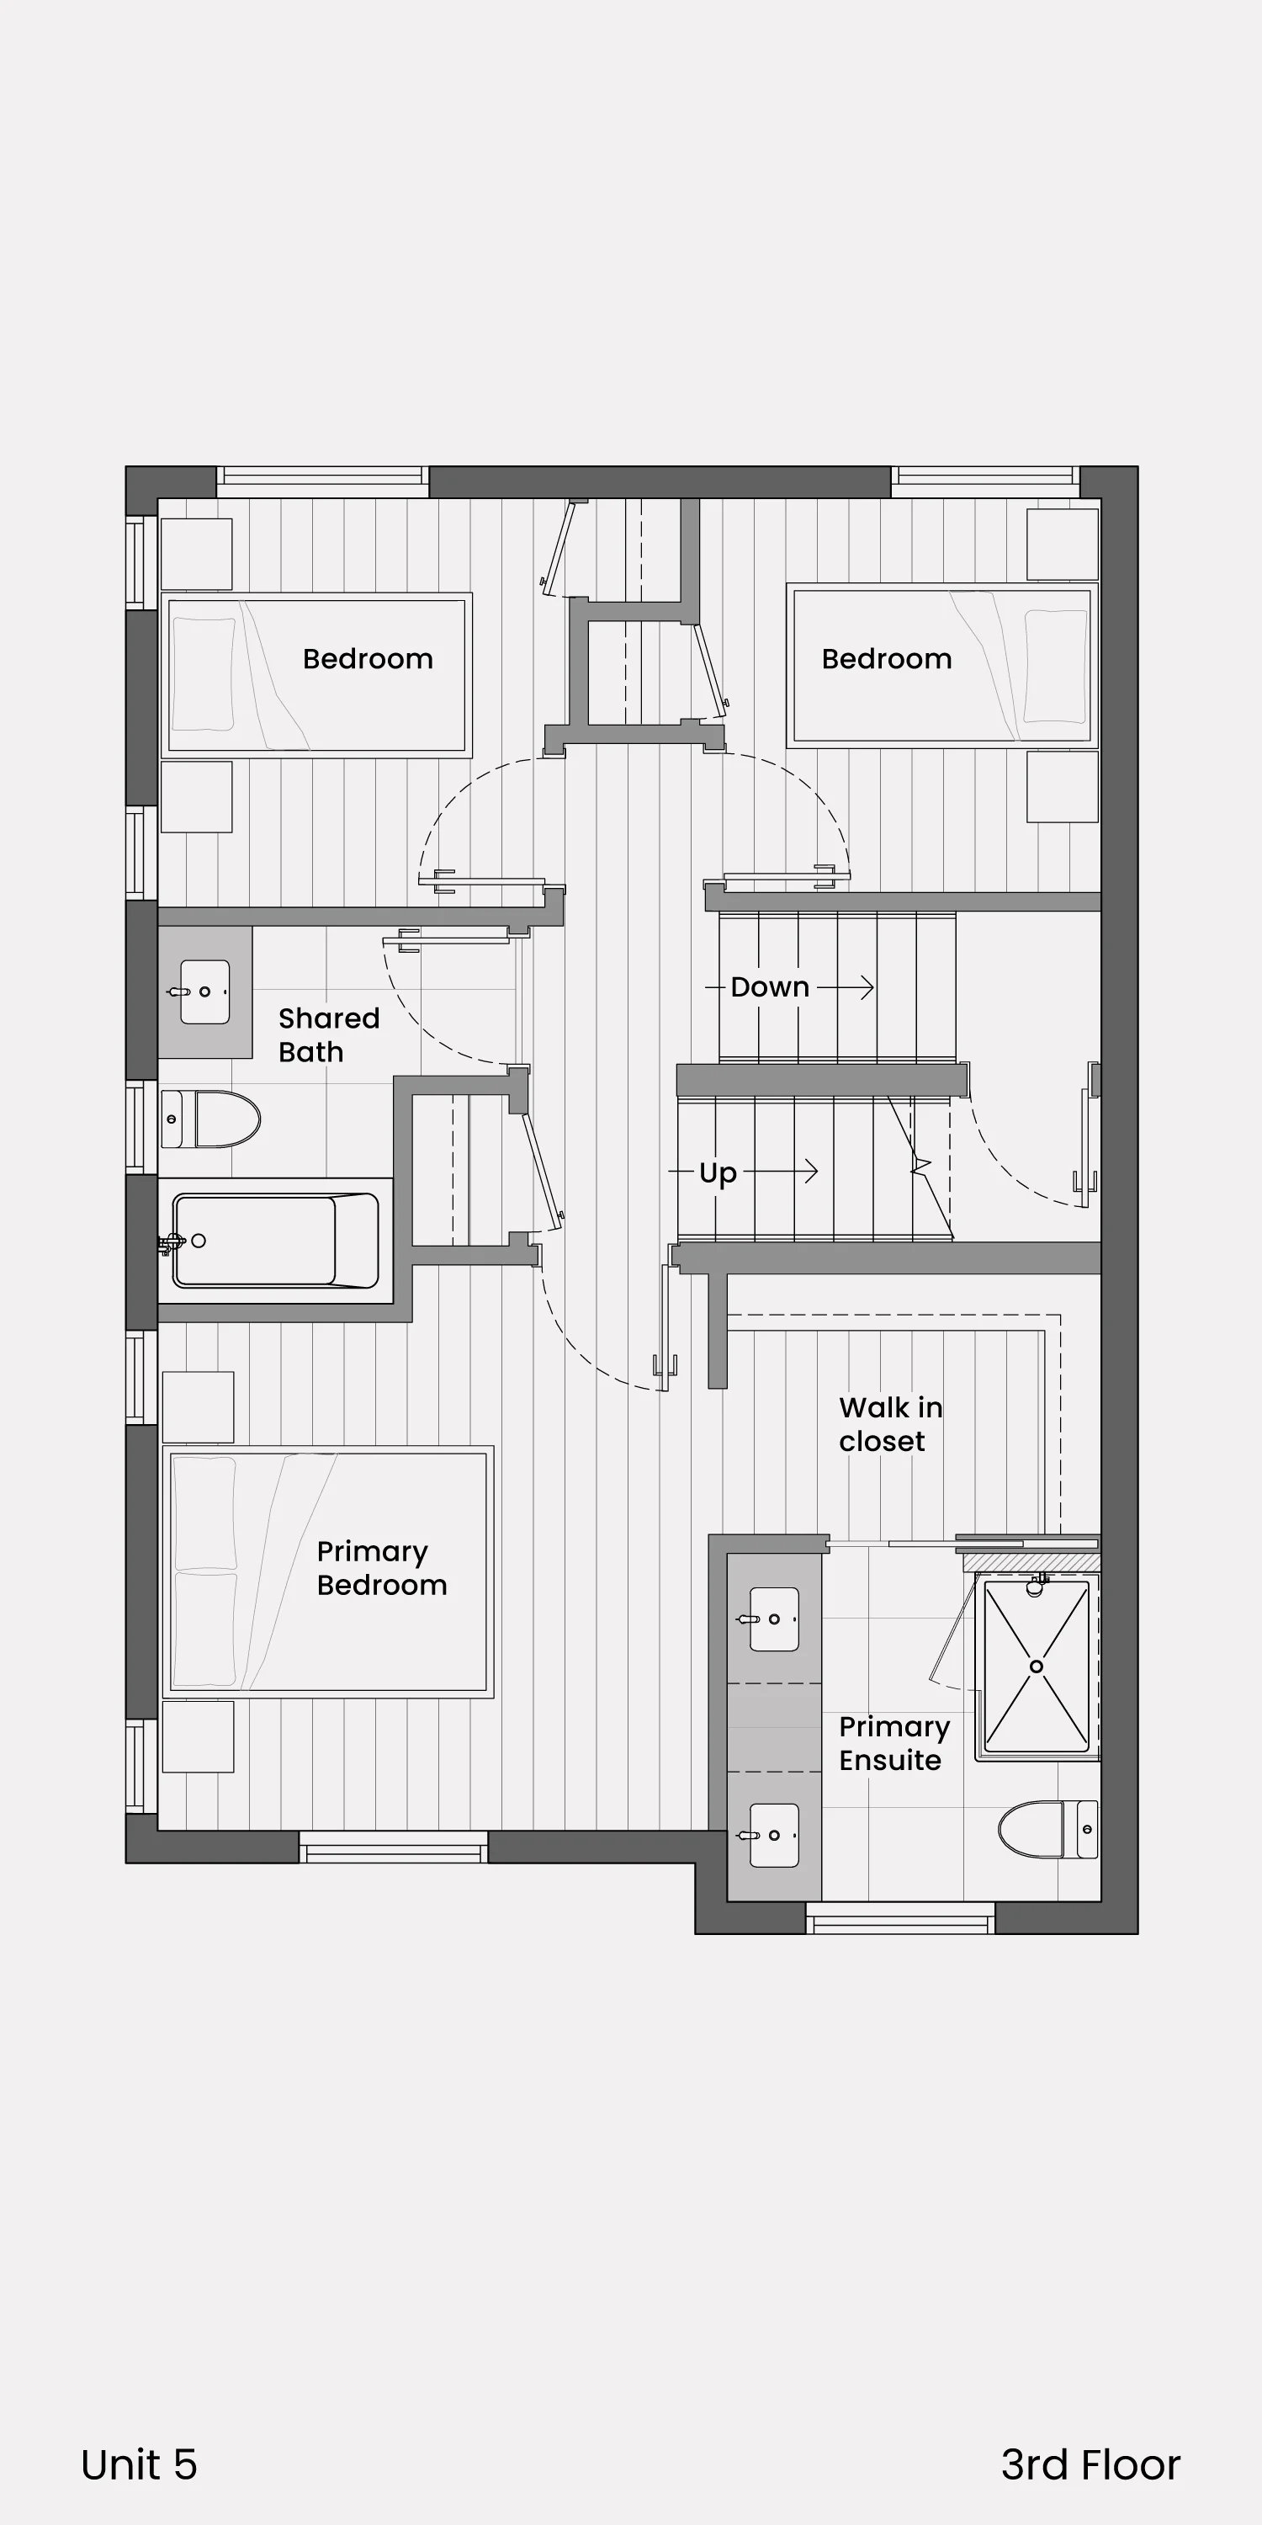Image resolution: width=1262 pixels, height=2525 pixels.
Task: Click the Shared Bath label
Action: coord(328,1035)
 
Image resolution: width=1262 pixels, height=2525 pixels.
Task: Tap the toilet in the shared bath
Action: coord(210,1119)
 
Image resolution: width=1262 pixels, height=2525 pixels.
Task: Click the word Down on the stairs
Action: coord(770,987)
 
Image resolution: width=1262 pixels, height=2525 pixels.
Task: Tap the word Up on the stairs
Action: coord(717,1173)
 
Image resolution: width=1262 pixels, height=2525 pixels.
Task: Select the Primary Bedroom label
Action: coord(382,1568)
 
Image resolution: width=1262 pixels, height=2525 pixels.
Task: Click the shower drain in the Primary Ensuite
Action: coord(1037,1666)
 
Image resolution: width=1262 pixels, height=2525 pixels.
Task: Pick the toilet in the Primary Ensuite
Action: coord(1048,1829)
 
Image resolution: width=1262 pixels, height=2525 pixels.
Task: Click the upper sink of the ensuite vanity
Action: coord(773,1619)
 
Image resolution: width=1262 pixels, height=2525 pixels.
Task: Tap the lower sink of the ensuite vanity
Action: coord(773,1835)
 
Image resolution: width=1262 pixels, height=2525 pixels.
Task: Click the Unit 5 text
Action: coord(139,2465)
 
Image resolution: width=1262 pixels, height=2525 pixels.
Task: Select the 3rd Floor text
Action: coord(1090,2465)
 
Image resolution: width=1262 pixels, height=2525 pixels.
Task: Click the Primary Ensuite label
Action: coord(894,1743)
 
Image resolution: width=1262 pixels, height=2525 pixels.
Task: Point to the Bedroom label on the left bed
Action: coord(368,659)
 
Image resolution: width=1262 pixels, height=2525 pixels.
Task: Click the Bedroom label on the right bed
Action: coord(887,659)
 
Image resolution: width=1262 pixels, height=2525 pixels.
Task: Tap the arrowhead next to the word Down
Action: coord(867,987)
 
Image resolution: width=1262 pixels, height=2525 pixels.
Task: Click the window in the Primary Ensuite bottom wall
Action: coord(899,1918)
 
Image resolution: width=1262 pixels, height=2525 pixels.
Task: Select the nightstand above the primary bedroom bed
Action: coord(198,1407)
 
